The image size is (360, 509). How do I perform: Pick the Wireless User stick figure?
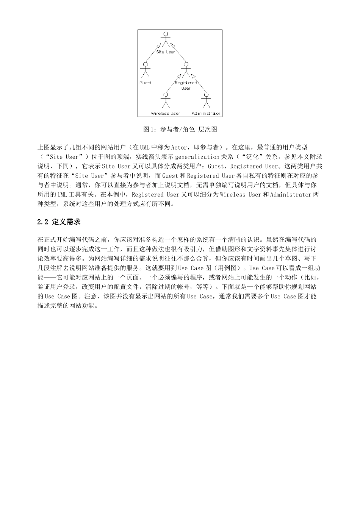coord(165,100)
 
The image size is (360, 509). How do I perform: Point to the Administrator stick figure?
coord(206,100)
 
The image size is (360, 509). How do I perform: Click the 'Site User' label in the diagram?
coord(166,52)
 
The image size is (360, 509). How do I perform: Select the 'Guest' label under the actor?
coord(145,83)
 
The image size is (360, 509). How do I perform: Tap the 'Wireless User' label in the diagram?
coord(166,113)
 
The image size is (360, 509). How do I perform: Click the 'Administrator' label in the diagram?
coord(206,113)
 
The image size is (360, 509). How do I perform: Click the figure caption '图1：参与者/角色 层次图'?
coord(180,130)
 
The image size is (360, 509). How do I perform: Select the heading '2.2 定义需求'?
coord(59,222)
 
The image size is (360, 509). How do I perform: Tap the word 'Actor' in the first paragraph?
coord(179,147)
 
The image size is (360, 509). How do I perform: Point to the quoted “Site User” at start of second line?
coord(61,157)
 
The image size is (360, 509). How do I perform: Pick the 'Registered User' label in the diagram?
coord(186,85)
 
